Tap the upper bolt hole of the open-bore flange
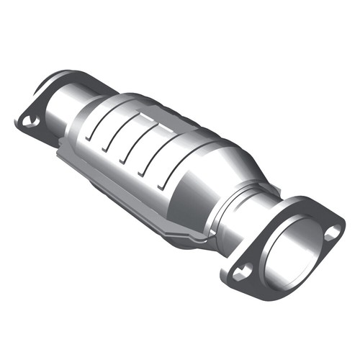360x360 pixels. [332, 233]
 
